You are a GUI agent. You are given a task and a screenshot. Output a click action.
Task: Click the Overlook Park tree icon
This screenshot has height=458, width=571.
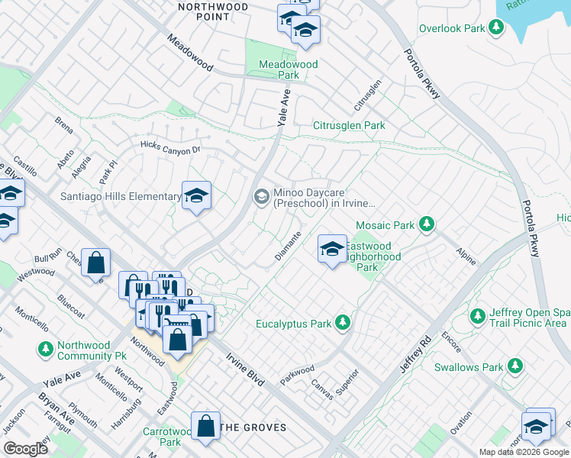(497, 29)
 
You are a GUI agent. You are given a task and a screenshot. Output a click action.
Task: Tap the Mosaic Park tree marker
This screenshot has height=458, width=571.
(427, 224)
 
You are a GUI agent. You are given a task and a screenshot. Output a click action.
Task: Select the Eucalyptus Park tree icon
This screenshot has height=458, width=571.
(343, 324)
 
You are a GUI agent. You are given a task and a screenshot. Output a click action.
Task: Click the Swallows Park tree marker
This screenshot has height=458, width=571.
(516, 367)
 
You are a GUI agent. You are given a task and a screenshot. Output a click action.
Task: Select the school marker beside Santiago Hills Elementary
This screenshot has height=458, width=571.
(196, 197)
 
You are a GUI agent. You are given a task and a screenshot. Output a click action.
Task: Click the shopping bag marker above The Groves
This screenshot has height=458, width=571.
(207, 427)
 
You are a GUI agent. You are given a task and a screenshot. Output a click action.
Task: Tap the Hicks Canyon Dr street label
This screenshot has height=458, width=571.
(169, 147)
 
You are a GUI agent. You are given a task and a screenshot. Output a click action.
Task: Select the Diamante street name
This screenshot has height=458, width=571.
(289, 247)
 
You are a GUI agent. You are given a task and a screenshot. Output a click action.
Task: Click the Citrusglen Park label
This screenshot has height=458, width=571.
(349, 125)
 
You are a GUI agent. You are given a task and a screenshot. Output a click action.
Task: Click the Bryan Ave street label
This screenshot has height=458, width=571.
(56, 411)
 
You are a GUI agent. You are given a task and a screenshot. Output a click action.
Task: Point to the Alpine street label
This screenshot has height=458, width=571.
(465, 256)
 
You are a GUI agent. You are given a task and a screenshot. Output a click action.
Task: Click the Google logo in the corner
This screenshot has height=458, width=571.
(26, 449)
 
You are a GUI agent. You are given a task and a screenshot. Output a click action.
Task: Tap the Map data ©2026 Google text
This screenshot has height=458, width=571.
(523, 452)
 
